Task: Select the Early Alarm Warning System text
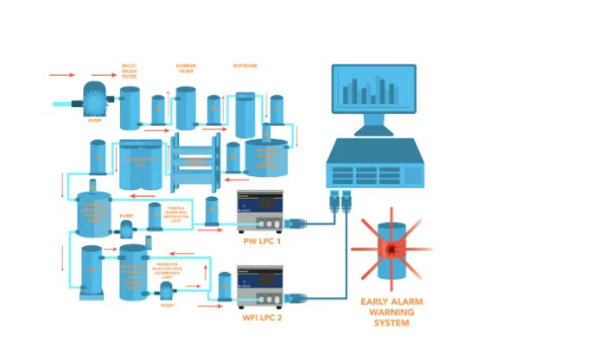click(391, 312)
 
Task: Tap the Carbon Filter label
click(186, 68)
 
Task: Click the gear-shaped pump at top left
click(92, 101)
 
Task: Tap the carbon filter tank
click(186, 108)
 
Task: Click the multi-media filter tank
click(130, 108)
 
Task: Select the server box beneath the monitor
click(375, 165)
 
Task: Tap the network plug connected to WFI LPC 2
click(295, 299)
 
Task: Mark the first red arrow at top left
click(61, 75)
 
